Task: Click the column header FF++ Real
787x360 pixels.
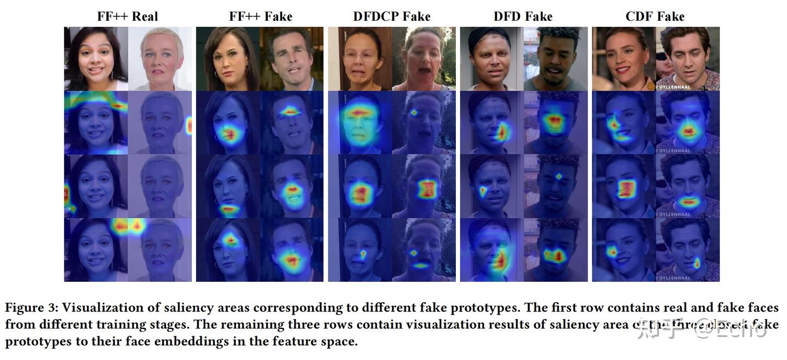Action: [127, 16]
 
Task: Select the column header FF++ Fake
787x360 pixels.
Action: [260, 16]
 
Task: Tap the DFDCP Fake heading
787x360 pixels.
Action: [391, 16]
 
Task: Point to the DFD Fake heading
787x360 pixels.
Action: [523, 16]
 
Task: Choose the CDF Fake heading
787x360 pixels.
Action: [655, 16]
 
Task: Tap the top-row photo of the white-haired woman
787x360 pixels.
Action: [160, 58]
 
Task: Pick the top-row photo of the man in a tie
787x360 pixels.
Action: [291, 58]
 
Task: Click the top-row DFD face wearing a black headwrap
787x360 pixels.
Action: [491, 58]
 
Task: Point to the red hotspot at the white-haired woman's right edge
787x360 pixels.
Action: [189, 126]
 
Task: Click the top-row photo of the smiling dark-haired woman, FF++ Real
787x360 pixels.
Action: [96, 58]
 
